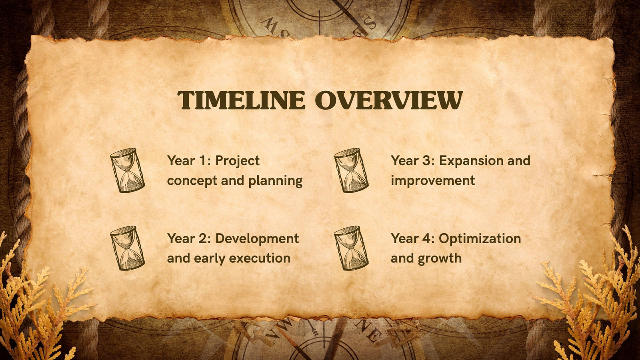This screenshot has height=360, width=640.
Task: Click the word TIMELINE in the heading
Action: (x=242, y=100)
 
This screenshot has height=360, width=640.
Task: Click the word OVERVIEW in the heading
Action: (x=389, y=100)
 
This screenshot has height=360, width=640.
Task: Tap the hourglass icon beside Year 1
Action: (x=128, y=170)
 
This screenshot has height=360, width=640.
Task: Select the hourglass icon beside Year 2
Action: (x=128, y=248)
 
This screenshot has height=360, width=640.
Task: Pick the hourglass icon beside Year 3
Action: (x=351, y=170)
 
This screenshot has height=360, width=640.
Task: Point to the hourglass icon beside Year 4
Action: (x=351, y=248)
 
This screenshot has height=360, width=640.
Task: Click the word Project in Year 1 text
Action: (x=238, y=161)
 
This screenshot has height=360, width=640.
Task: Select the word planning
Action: (x=275, y=181)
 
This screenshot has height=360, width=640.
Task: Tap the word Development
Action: (x=257, y=239)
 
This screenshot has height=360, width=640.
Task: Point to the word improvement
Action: (x=433, y=181)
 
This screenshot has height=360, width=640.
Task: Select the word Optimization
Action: (x=480, y=239)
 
